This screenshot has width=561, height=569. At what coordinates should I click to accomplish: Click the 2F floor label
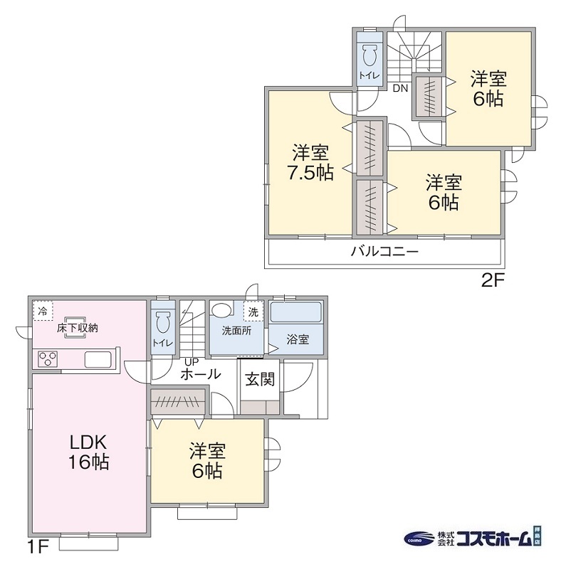pos(492,280)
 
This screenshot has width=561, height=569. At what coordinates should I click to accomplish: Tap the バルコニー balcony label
pos(384,252)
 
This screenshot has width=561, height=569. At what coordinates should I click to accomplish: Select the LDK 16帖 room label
pos(88,451)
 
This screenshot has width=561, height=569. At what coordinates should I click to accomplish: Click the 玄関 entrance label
pos(260,380)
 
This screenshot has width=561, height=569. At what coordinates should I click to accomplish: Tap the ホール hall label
pos(201,374)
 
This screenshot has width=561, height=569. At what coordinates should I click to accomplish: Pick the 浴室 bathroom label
pos(298,339)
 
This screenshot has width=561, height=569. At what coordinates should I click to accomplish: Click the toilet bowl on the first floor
pos(162,322)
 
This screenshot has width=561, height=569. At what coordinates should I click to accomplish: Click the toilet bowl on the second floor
pos(369,55)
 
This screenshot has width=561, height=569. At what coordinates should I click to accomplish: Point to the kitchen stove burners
pos(48,359)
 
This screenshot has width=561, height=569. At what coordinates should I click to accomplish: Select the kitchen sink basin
pos(98,359)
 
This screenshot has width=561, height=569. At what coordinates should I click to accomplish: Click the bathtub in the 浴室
pos(296,314)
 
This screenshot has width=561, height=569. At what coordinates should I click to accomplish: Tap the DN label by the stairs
pos(400,88)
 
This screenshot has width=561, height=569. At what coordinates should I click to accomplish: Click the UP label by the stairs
pos(192,361)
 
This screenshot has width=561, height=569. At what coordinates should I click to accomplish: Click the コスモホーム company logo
pos(473,538)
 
